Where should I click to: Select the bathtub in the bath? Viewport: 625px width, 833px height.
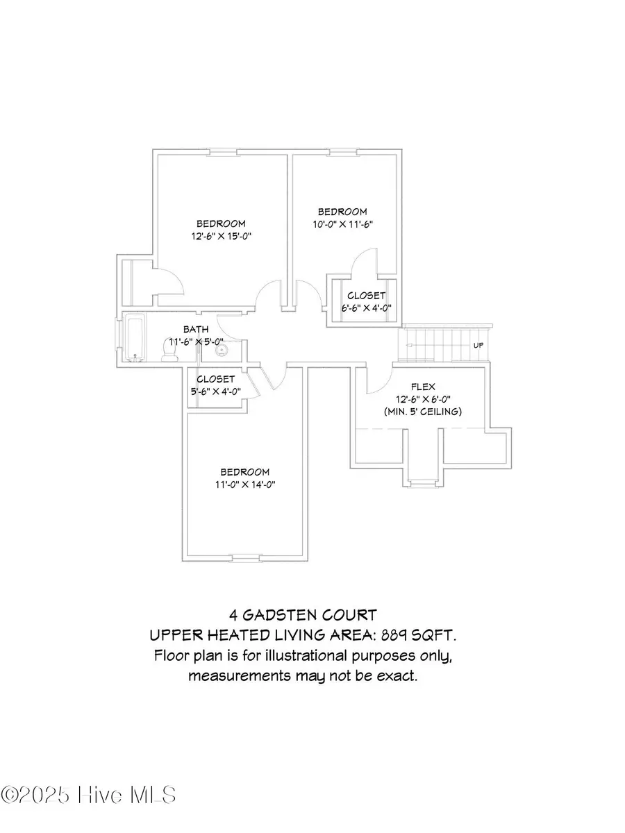coord(135,338)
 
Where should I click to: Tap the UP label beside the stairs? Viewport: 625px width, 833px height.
coord(478,345)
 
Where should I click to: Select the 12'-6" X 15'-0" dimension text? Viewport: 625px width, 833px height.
coord(221,236)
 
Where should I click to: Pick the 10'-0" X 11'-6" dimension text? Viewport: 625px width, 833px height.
coord(342,224)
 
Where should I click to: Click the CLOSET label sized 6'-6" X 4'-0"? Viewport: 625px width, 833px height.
coord(367,295)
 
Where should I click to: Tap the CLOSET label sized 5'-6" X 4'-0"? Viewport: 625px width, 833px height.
coord(215,379)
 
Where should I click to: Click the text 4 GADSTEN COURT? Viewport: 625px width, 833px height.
coord(303,615)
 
